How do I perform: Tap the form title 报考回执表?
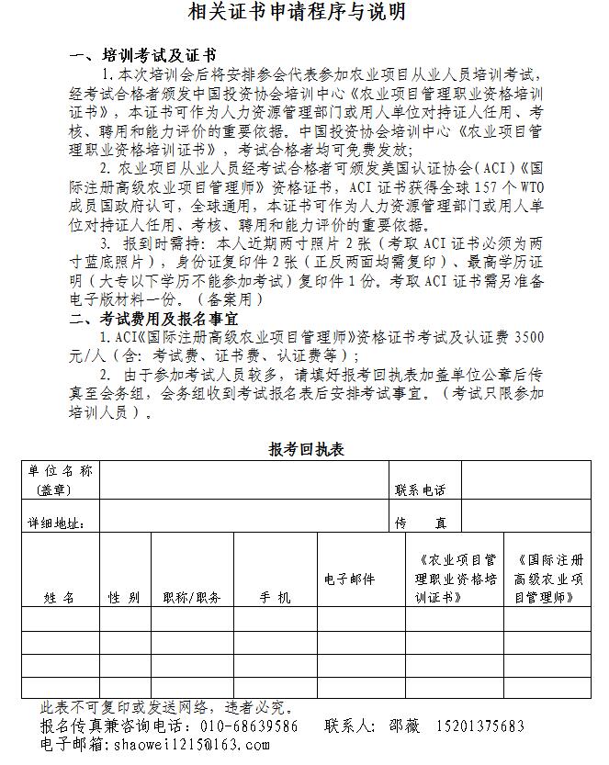(306, 449)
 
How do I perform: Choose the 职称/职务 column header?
(192, 597)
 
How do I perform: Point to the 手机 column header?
(275, 597)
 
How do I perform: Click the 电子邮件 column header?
(350, 579)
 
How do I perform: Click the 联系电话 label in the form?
(421, 490)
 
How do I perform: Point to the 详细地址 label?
(57, 523)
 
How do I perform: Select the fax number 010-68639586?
(249, 726)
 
